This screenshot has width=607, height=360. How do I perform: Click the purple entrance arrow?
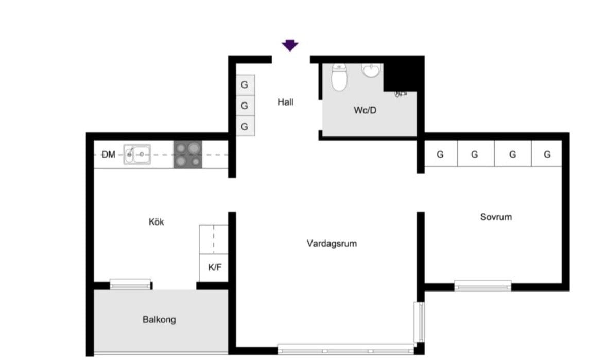[x=290, y=45]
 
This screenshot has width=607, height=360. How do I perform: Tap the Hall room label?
[x=285, y=102]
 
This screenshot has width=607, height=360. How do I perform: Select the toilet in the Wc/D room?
[x=339, y=77]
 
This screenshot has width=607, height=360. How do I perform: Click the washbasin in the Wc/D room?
[x=371, y=71]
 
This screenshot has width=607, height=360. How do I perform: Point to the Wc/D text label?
[x=365, y=110]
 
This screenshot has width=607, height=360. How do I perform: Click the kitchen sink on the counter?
[x=137, y=155]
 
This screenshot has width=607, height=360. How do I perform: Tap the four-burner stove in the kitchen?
[x=188, y=155]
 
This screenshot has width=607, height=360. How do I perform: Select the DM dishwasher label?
[x=109, y=155]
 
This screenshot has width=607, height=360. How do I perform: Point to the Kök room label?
[x=157, y=222]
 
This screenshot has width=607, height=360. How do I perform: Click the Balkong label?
[x=159, y=320]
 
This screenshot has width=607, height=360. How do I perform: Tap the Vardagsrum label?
[x=332, y=244]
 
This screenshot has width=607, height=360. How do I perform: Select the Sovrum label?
[x=496, y=217]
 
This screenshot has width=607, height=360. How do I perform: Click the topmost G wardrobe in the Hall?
[x=245, y=85]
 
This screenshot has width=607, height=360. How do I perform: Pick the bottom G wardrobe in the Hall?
[x=245, y=126]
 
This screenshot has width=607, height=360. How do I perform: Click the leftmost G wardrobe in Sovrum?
[x=441, y=153]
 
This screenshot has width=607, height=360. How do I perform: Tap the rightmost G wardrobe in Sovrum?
[x=547, y=153]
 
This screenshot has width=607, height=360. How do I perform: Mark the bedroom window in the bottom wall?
[x=482, y=286]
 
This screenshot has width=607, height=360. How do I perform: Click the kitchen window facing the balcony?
[x=130, y=284]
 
